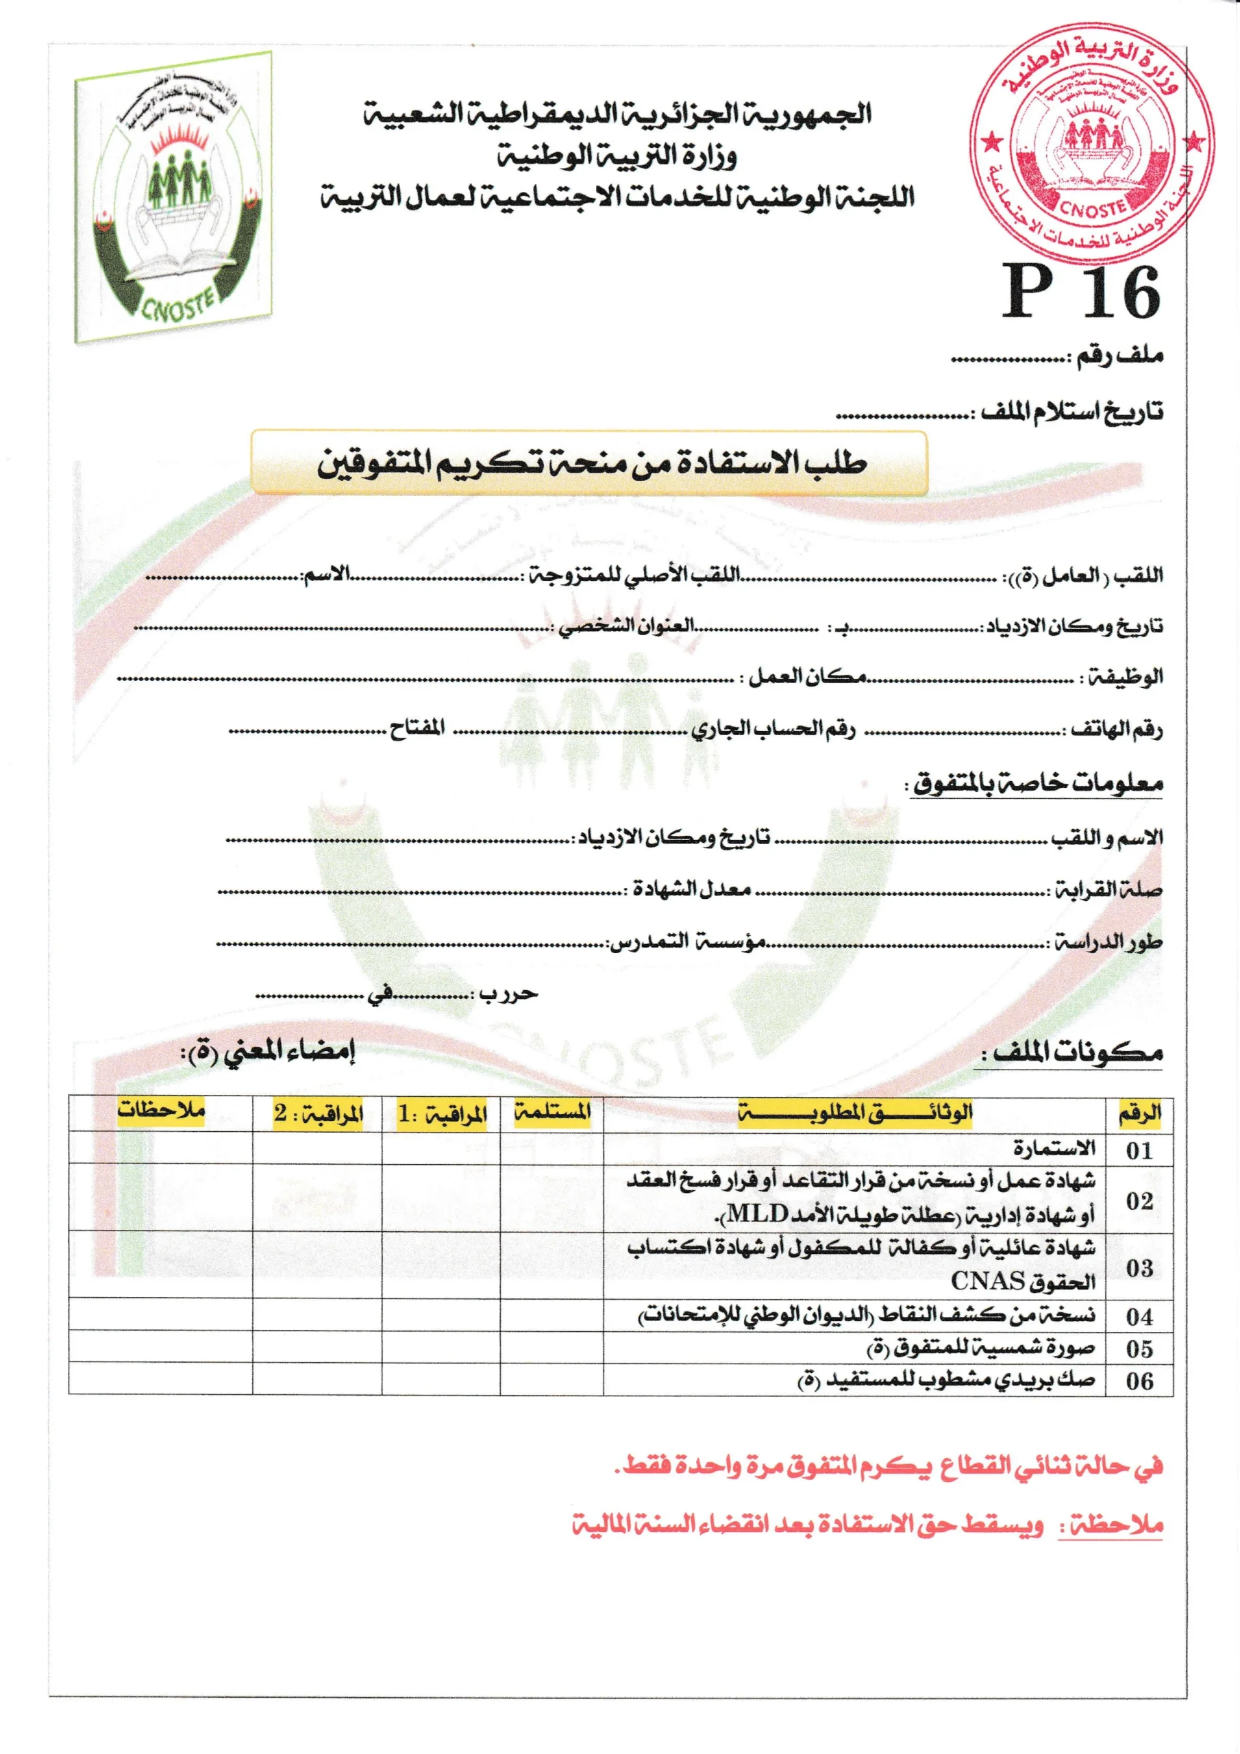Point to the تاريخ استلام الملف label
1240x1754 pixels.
click(1072, 412)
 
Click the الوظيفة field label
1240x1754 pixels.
click(1123, 677)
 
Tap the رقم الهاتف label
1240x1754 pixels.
click(1115, 730)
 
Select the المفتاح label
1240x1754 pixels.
click(417, 728)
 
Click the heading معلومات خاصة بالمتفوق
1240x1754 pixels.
click(1036, 783)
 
